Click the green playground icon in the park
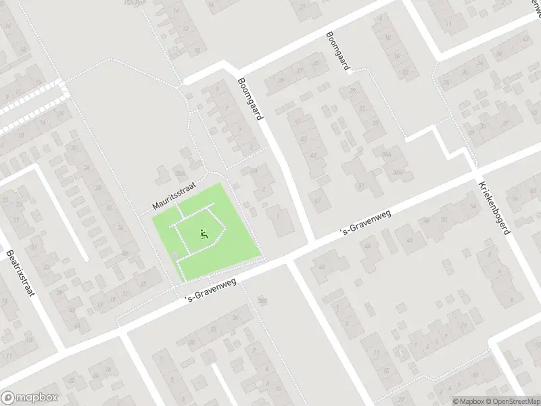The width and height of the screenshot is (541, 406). [x=204, y=235]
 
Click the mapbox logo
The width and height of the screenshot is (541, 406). [x=30, y=398]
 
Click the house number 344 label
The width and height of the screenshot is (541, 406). [x=386, y=154]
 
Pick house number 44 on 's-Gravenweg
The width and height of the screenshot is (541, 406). [x=367, y=245]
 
